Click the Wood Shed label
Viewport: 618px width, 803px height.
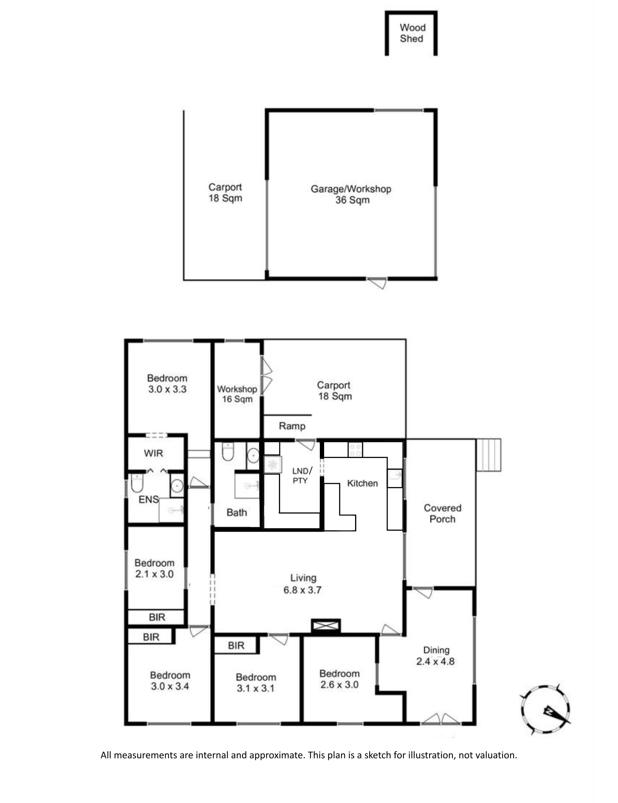[x=412, y=33]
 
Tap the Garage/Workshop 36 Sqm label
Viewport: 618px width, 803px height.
[x=351, y=194]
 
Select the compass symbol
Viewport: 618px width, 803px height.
[x=545, y=709]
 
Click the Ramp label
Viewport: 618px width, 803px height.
[x=292, y=426]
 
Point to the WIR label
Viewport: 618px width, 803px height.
[x=153, y=453]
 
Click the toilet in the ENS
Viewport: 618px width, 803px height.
[x=137, y=483]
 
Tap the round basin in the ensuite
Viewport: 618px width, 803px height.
[x=177, y=486]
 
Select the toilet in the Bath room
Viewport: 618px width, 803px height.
[x=228, y=452]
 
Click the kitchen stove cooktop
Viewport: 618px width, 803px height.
[x=355, y=449]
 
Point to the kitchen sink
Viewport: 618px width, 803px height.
[x=395, y=478]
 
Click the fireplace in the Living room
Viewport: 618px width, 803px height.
[x=326, y=626]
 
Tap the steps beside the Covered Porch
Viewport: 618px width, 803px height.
[x=489, y=455]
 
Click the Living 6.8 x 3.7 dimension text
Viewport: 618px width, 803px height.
[x=303, y=590]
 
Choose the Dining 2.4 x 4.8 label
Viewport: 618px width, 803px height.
[x=436, y=656]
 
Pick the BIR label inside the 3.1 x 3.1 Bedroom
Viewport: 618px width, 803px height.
[x=236, y=645]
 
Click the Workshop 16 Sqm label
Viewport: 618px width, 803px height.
[x=237, y=394]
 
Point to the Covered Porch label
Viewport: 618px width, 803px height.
[x=442, y=513]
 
